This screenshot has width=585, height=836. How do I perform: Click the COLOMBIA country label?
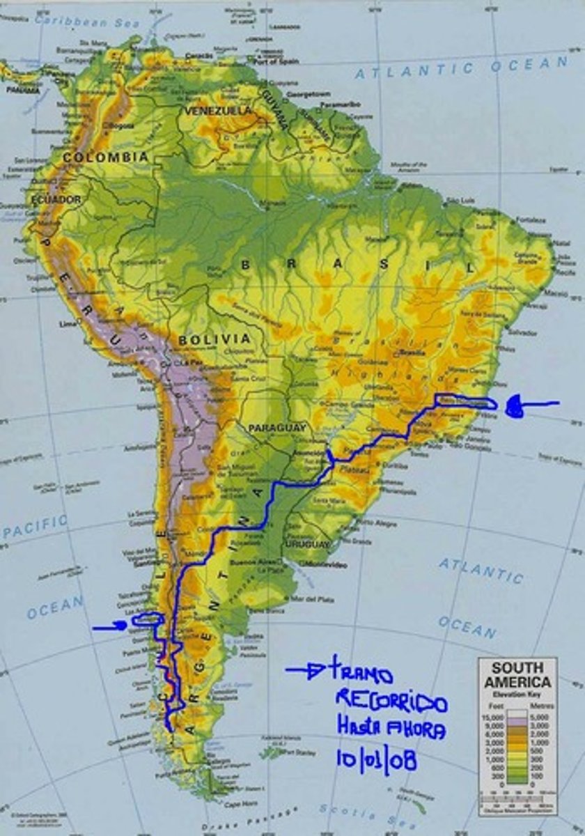click(106, 157)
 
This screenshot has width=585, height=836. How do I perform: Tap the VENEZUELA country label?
click(217, 111)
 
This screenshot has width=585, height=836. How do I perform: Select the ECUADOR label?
click(56, 199)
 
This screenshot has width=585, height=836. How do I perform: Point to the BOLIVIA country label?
click(214, 339)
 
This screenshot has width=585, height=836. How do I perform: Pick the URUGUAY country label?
click(306, 543)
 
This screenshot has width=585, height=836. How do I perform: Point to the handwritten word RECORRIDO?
click(391, 701)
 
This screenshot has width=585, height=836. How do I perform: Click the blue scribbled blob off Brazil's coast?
click(515, 407)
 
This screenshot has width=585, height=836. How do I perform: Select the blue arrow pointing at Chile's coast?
click(110, 626)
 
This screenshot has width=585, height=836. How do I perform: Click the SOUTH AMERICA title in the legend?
click(517, 674)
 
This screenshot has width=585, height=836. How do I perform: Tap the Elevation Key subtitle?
click(517, 694)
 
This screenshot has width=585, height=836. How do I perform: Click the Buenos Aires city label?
click(253, 562)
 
